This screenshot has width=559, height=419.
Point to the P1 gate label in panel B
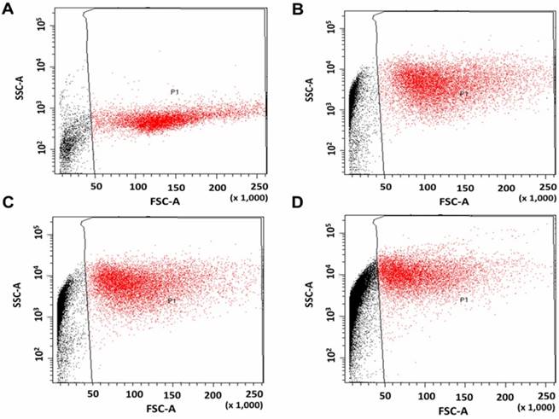click(463, 93)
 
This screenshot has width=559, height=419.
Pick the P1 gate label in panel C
click(172, 300)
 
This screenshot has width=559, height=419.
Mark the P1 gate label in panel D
click(465, 300)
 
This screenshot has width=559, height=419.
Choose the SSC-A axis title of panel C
click(16, 294)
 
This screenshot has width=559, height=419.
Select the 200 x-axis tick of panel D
click(507, 395)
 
